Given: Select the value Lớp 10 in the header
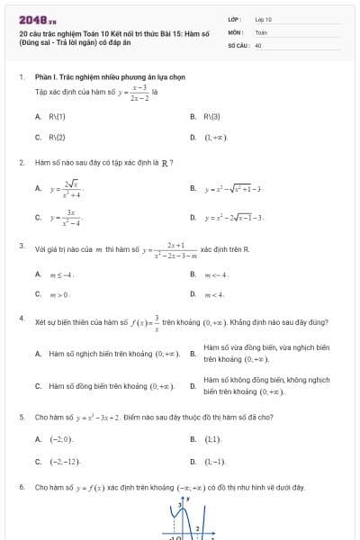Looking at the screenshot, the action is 263,18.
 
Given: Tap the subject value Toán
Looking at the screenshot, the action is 261,31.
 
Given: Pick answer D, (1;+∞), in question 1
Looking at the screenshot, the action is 215,138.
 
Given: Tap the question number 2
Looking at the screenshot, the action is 21,163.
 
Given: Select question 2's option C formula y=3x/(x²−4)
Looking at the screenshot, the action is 67,218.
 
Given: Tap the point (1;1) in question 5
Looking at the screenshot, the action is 211,439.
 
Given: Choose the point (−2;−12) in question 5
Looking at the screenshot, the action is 65,462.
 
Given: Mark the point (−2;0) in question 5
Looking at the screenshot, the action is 60,439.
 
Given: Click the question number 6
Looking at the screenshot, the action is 21,487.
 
